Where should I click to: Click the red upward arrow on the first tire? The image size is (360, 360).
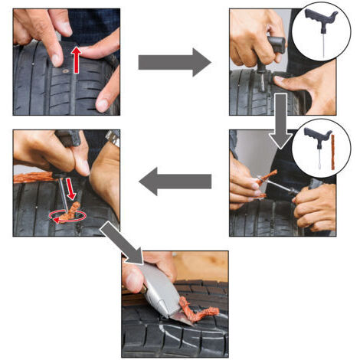pos(76,57)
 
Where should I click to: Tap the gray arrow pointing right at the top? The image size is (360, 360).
pos(174,61)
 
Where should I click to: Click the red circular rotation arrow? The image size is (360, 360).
pos(64,217)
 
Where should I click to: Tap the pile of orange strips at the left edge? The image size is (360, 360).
pos(28,177)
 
